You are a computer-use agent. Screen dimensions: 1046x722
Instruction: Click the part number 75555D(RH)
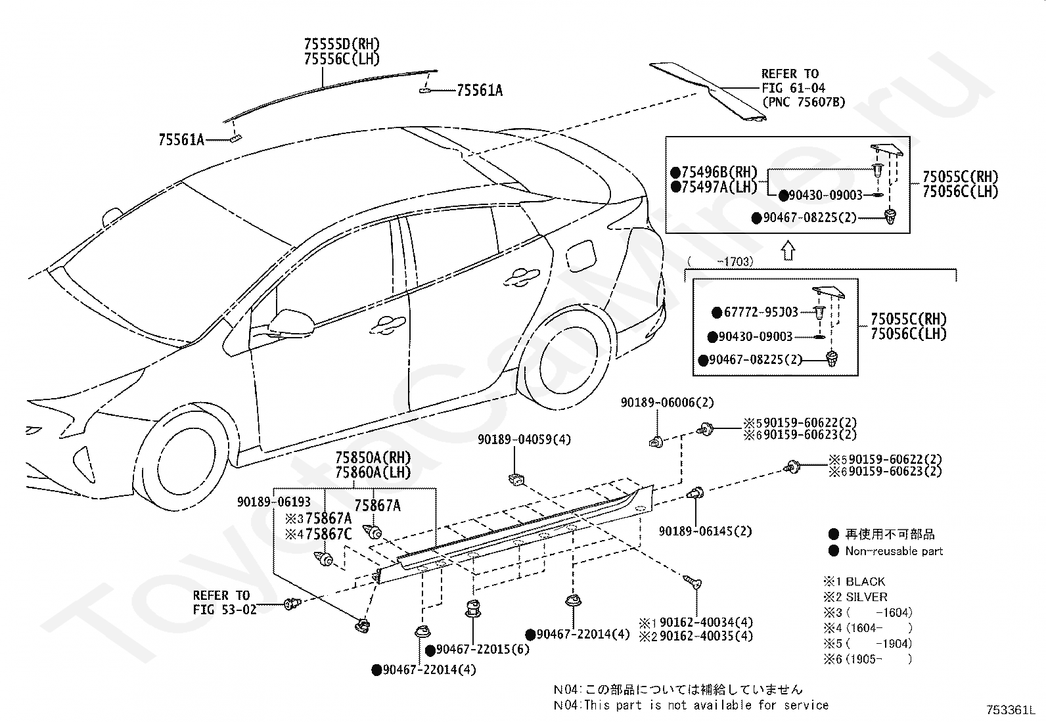[x=342, y=44]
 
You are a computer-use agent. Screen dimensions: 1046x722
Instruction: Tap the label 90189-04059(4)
[x=524, y=440]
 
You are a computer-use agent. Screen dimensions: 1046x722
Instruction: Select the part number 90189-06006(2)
[x=668, y=402]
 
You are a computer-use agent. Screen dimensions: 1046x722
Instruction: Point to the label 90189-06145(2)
[x=706, y=531]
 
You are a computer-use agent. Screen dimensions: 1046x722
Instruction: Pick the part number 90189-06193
[x=274, y=501]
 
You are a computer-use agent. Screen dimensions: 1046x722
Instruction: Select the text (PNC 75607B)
[x=804, y=102]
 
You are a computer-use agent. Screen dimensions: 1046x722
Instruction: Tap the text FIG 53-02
[x=225, y=610]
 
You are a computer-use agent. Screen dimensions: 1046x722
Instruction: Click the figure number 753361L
[x=1011, y=710]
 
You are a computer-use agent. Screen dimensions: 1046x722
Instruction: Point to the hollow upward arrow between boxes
[x=788, y=250]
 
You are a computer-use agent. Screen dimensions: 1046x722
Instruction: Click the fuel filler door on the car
[x=581, y=254]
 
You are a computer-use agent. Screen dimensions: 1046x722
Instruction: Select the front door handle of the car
[x=388, y=325]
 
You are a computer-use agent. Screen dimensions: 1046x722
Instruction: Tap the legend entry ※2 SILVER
[x=855, y=597]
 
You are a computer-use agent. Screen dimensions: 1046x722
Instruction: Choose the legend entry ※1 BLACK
[x=854, y=581]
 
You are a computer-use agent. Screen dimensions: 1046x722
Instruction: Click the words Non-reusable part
[x=894, y=551]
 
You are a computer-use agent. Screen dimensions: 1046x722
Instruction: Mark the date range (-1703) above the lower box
[x=721, y=261]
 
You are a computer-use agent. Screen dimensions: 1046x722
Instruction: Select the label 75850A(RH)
[x=373, y=457]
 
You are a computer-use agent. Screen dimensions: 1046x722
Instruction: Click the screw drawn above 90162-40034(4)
[x=692, y=581]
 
